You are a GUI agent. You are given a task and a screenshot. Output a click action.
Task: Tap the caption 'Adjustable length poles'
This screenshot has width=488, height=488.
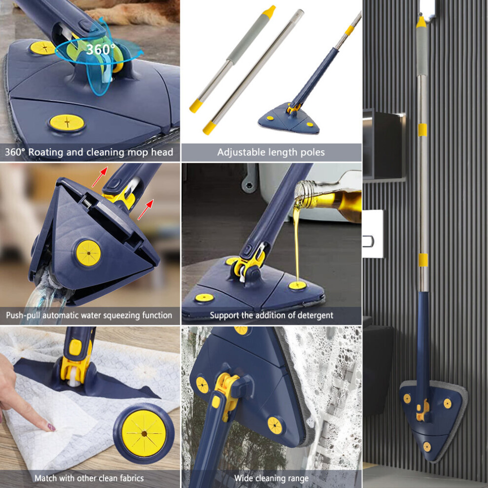point(271,152)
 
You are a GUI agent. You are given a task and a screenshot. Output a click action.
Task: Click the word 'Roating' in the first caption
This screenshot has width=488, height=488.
point(46,152)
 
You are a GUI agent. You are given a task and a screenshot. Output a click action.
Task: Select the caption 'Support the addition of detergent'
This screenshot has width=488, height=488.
point(272,315)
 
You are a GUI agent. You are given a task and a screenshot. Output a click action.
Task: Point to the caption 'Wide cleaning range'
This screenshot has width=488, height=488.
point(272,478)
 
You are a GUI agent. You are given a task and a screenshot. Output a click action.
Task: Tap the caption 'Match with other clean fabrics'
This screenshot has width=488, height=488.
point(89,478)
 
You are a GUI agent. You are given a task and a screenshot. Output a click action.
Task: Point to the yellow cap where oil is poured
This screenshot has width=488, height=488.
point(298,285)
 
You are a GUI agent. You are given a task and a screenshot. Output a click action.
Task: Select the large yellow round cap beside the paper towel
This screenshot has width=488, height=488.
point(144,433)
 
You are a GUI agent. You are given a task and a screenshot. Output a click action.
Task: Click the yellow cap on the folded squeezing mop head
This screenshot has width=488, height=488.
point(89,253)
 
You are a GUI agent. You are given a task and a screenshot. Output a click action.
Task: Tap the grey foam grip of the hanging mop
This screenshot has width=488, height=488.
point(421,51)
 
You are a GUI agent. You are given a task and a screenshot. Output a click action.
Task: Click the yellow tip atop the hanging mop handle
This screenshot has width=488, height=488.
point(421,22)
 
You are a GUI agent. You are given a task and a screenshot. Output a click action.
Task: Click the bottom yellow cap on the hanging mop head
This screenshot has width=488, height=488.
point(427,447)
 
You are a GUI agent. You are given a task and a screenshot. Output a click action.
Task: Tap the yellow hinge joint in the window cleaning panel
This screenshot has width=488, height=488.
point(228,395)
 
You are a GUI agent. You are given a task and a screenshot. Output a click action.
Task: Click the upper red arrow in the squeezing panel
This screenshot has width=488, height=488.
point(100,177)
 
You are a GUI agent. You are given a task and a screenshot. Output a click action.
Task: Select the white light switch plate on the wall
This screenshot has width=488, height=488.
point(373,234)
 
